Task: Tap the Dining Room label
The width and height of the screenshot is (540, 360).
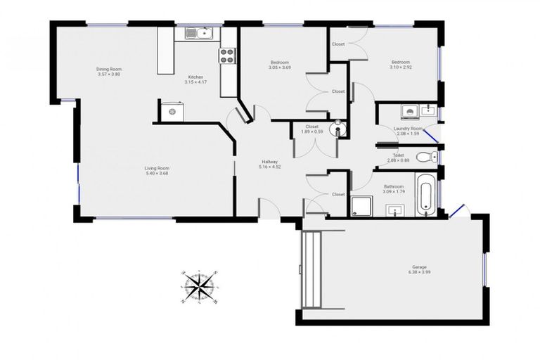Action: pyautogui.click(x=109, y=69)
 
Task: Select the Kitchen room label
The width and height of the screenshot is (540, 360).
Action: pyautogui.click(x=195, y=77)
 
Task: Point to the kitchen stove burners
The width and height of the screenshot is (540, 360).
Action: pyautogui.click(x=228, y=56)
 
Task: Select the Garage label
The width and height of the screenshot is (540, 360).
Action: pyautogui.click(x=419, y=267)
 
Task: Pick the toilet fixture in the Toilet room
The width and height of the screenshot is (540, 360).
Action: pyautogui.click(x=425, y=157)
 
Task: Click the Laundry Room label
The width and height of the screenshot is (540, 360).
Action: pyautogui.click(x=408, y=129)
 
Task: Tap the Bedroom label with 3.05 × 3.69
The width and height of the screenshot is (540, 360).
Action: pyautogui.click(x=278, y=63)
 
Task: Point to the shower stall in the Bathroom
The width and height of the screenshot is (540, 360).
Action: pyautogui.click(x=360, y=205)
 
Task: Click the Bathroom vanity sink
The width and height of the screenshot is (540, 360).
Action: pyautogui.click(x=394, y=210)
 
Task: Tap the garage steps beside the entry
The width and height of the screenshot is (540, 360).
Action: pyautogui.click(x=311, y=266)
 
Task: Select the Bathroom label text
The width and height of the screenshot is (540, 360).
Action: pyautogui.click(x=393, y=186)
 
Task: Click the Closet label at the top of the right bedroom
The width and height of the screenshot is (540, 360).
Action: pyautogui.click(x=338, y=44)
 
